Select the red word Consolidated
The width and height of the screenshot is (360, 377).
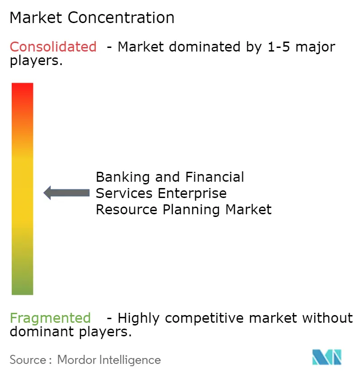(x=53, y=47)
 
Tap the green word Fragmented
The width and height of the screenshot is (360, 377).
(x=50, y=318)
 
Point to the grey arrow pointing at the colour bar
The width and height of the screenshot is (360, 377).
(x=66, y=193)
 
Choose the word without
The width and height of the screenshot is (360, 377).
(x=327, y=318)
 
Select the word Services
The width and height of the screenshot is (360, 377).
(x=124, y=193)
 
